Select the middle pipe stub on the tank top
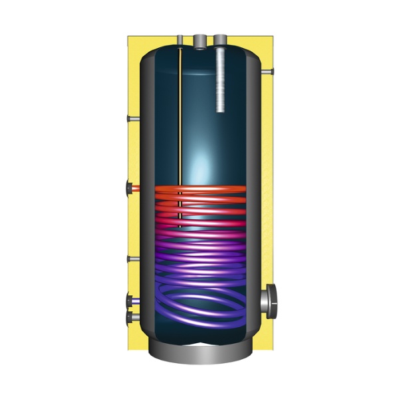(200, 42)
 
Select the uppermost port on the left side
(132, 119)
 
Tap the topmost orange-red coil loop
(199, 190)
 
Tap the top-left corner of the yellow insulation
(130, 37)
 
